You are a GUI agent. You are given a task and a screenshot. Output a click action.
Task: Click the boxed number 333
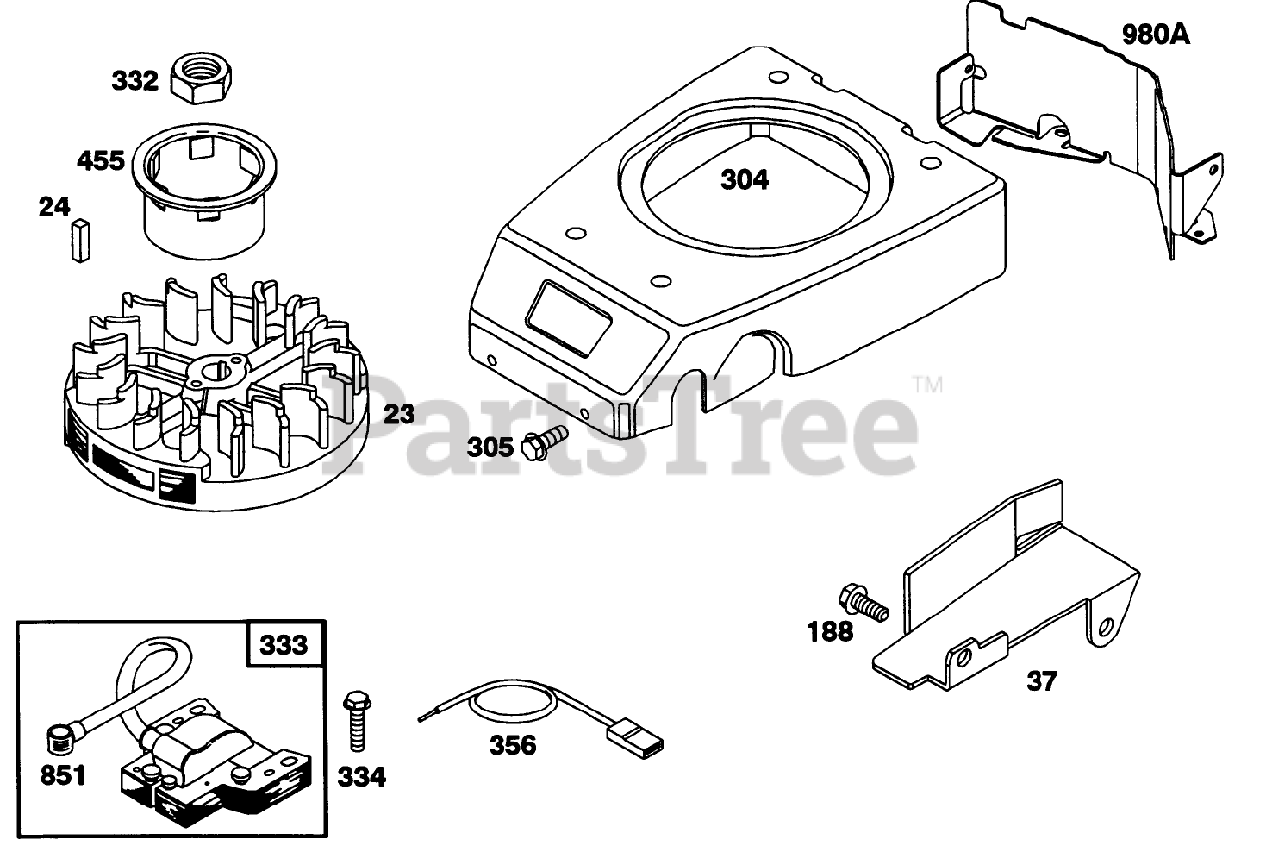coord(284,646)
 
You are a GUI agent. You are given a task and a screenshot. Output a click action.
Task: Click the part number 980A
coord(1155,36)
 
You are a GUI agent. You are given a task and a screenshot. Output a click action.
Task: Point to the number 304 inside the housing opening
coord(744,180)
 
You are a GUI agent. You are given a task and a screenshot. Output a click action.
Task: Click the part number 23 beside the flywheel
coord(399,414)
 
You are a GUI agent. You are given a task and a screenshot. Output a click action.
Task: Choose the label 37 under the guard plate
coord(1040,681)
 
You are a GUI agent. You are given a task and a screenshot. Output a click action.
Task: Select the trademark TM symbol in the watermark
coord(927,383)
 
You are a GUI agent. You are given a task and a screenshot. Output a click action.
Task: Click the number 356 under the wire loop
coord(512,746)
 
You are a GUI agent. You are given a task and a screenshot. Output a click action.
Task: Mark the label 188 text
coord(829,631)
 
